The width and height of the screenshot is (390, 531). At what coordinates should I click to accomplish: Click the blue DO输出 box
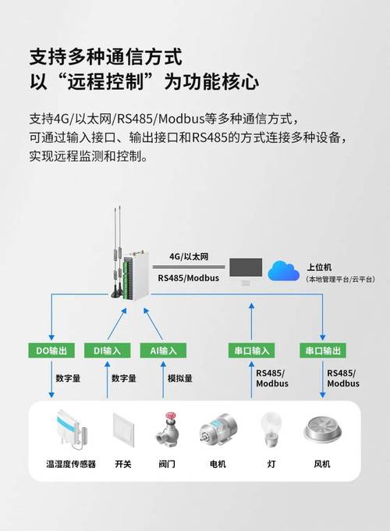click(51, 351)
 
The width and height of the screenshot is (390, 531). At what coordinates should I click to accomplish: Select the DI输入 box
click(107, 351)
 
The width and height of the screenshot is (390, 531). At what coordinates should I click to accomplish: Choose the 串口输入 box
click(250, 351)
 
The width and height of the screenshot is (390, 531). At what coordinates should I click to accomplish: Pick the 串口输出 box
click(322, 351)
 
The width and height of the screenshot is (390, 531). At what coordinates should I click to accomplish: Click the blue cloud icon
click(283, 270)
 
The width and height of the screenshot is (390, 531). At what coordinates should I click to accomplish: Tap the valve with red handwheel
click(166, 429)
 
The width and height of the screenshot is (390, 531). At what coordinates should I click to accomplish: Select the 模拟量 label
click(180, 379)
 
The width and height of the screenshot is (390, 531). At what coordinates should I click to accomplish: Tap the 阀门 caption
click(166, 464)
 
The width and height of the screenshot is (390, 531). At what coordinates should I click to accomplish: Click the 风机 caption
click(322, 464)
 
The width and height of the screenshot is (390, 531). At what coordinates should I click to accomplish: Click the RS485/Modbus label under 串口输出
click(343, 378)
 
